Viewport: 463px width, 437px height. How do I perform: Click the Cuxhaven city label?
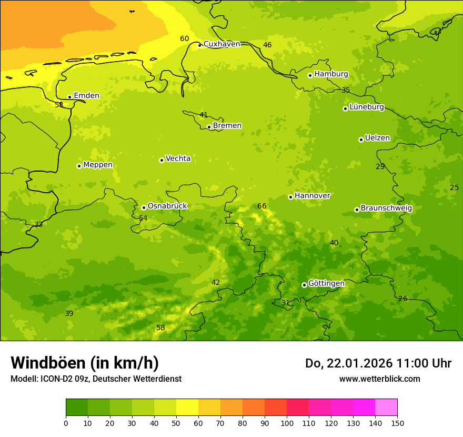222,44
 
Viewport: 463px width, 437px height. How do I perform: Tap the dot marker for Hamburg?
310,75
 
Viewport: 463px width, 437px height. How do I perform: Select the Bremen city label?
227,126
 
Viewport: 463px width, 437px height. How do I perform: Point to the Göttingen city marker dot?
304,285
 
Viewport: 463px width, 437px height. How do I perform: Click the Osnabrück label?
167,206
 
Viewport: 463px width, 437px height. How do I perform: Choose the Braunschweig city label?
386,208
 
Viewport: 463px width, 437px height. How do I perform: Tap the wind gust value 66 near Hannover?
262,206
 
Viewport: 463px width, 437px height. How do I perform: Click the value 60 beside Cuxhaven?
184,39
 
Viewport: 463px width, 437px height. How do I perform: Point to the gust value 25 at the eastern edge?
455,188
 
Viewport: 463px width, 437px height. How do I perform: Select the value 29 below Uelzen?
380,167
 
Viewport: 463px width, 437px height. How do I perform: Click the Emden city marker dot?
69,97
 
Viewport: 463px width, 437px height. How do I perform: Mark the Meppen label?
98,165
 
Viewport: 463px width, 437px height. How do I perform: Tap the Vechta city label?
178,159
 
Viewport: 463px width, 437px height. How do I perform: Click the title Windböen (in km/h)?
85,363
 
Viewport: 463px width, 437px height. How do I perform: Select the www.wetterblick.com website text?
379,379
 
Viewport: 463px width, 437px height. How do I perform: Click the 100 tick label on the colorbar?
287,423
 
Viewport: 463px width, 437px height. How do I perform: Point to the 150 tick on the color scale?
397,423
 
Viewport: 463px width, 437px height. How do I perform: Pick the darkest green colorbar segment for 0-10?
77,407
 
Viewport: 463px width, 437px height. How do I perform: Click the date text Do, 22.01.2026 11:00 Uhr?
378,363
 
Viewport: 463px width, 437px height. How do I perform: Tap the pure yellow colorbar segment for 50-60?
187,407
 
